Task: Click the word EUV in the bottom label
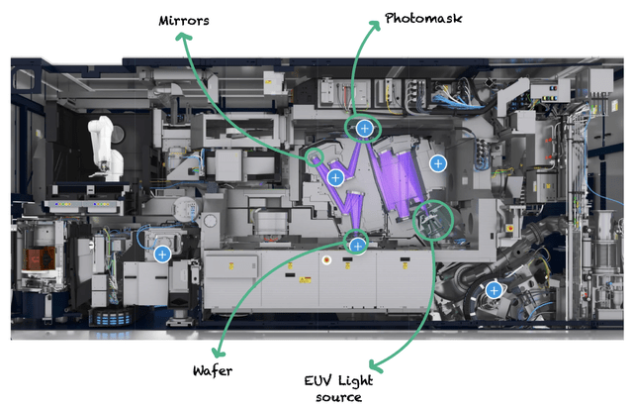click(319, 380)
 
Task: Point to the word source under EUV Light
click(336, 397)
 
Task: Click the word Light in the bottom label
click(354, 380)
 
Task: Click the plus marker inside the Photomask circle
click(364, 128)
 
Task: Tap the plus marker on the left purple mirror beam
click(335, 177)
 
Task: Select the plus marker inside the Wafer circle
click(358, 244)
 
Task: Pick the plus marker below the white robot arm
click(162, 254)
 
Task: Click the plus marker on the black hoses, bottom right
click(493, 289)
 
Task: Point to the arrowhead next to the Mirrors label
click(182, 37)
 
